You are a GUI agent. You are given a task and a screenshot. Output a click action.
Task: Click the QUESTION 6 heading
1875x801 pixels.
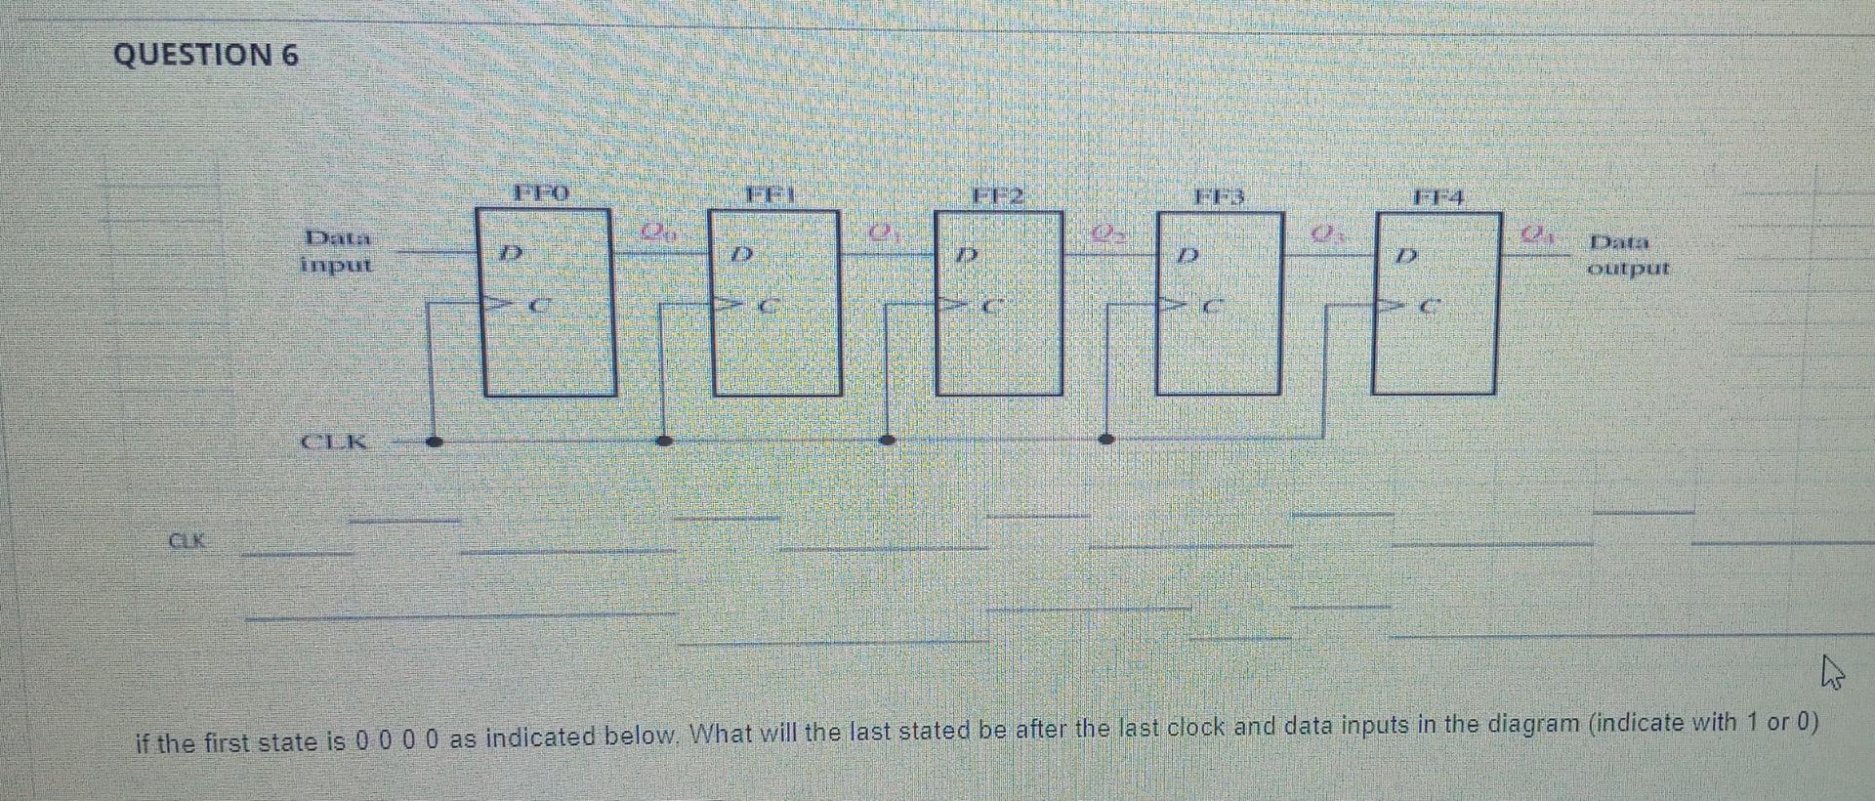point(206,55)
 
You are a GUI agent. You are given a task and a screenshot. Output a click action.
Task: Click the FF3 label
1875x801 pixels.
point(1221,198)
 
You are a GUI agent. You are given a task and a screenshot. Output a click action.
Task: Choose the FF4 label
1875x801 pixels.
point(1438,199)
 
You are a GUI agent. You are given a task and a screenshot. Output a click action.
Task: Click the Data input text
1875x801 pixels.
point(338,250)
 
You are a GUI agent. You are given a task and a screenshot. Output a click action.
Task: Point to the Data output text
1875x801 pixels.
point(1628,254)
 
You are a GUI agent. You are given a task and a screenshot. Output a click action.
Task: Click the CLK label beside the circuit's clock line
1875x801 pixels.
point(334,442)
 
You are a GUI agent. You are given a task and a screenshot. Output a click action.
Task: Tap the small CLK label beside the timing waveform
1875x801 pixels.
point(187,539)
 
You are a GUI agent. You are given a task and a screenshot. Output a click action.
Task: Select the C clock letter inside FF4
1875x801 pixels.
point(1429,307)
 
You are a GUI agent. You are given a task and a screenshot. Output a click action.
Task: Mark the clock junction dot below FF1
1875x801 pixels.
point(664,441)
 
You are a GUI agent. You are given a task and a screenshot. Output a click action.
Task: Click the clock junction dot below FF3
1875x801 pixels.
point(1106,440)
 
